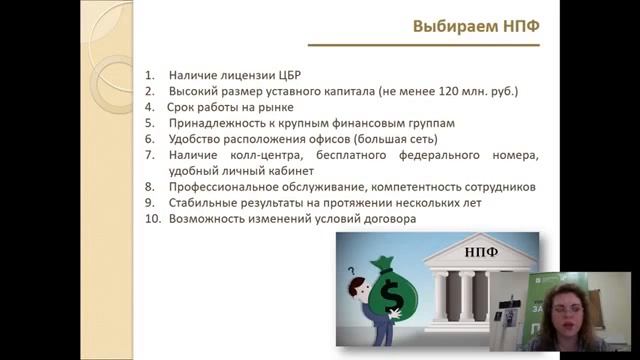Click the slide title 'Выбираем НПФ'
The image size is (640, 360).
coord(476,27)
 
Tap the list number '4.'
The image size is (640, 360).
coord(150,107)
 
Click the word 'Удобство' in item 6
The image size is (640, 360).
coord(194,139)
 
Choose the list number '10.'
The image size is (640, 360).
coord(152,219)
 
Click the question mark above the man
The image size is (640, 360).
coord(352,269)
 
